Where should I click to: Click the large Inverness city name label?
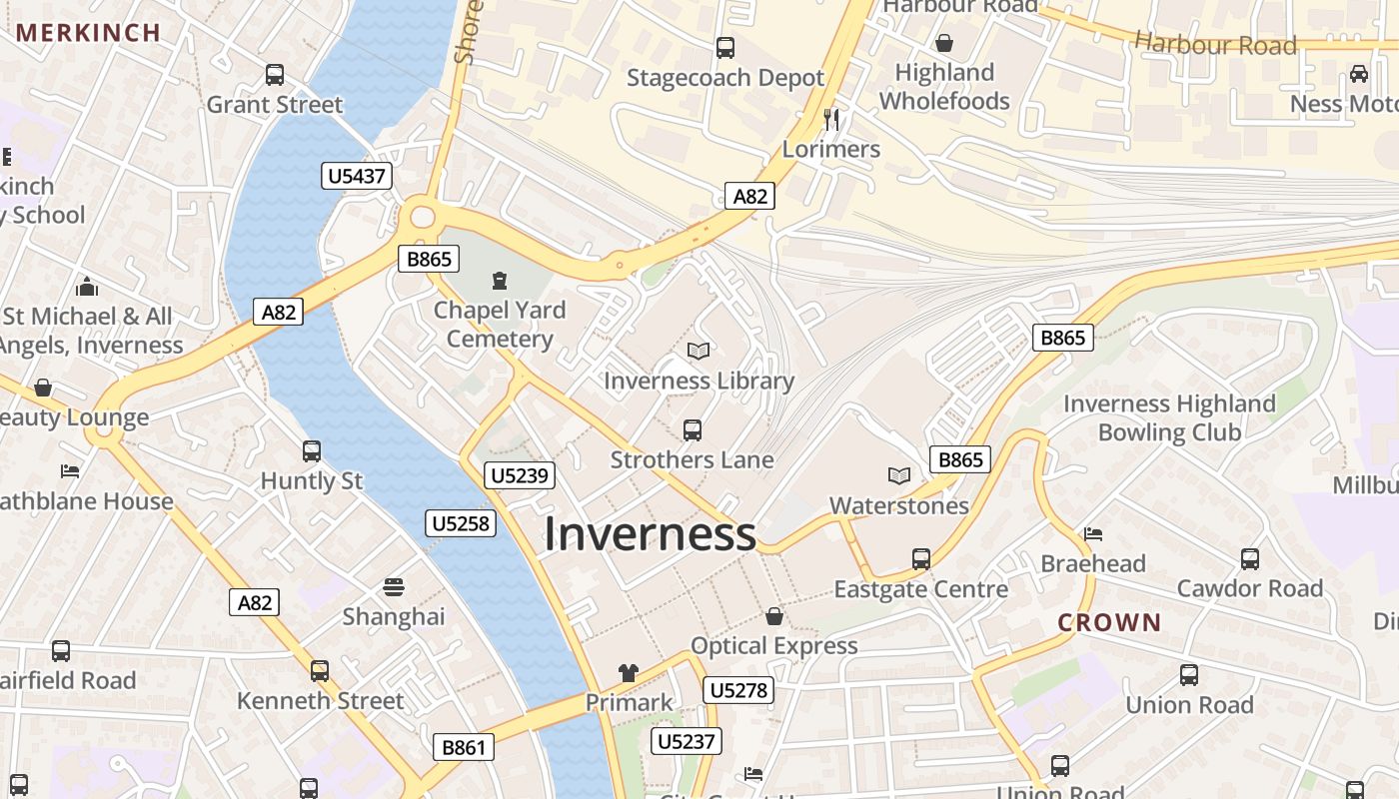coord(650,534)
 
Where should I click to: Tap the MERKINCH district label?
coord(88,32)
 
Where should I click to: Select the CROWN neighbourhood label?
coord(1109,622)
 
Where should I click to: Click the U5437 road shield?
coord(357,177)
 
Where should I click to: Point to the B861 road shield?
coord(464,747)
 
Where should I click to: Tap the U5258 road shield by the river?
coord(461,523)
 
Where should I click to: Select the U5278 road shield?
coord(739,690)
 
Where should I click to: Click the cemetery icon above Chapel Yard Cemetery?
coord(500,281)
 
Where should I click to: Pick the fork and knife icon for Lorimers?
coord(831,120)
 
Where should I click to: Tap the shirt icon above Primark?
coord(628,673)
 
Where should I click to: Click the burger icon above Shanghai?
coord(394,587)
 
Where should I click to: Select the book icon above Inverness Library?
coord(699,352)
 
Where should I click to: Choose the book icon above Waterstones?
coord(899,476)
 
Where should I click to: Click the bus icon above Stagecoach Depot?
coord(725,47)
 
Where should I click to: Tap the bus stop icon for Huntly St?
coord(312,451)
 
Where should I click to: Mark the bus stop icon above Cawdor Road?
coord(1249,559)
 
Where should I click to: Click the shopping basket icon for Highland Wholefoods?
coord(943,43)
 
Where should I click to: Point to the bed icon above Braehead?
coord(1093,534)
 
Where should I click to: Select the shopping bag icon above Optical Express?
coord(773,616)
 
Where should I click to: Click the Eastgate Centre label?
coord(920,589)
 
